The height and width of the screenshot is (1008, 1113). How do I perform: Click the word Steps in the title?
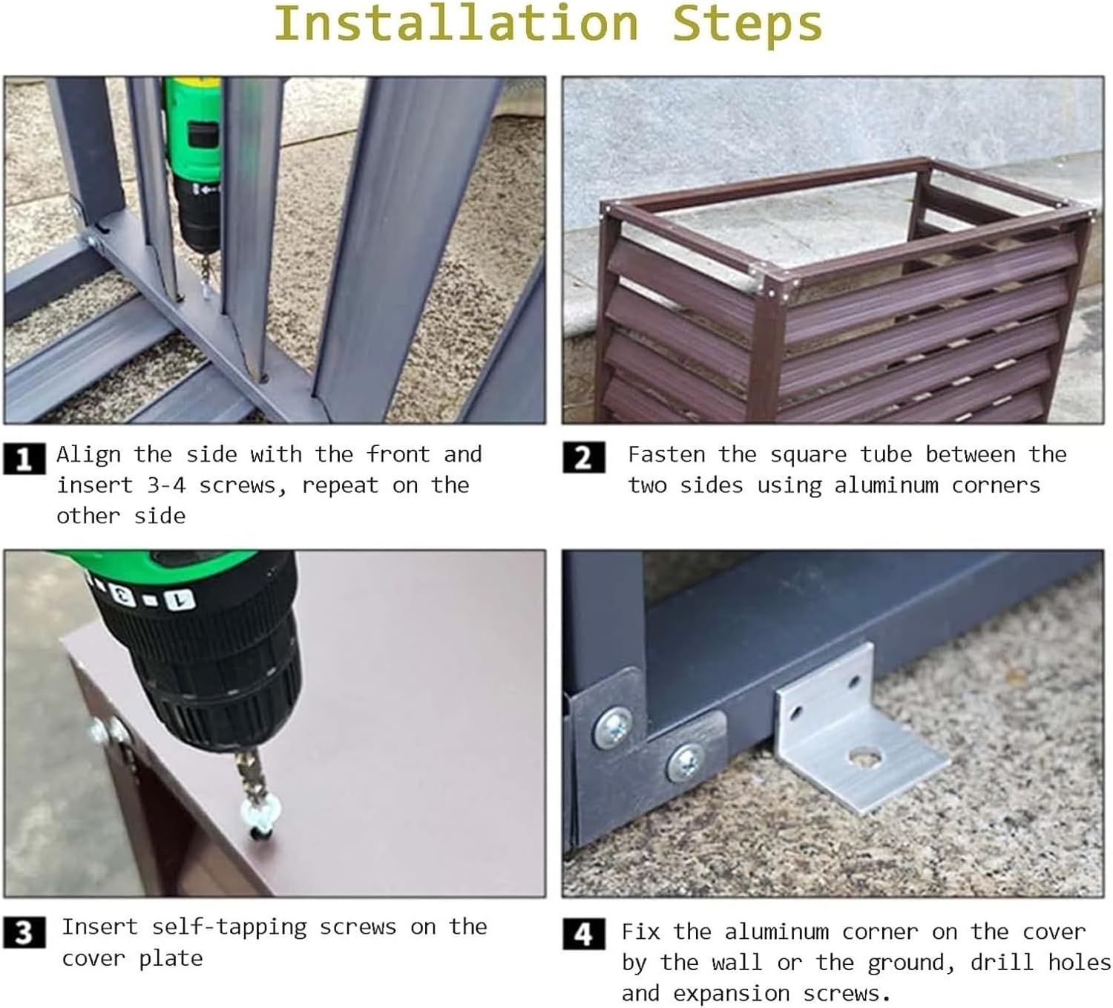746,27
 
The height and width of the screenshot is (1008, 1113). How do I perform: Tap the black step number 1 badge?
24,459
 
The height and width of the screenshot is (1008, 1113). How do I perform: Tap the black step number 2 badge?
584,457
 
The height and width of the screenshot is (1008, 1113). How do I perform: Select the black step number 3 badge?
24,932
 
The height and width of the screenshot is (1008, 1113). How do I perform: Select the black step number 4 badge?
584,935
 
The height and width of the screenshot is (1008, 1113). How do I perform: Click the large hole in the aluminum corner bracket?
865,756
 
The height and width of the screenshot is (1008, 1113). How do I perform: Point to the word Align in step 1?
88,455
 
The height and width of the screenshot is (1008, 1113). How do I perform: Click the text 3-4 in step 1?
166,485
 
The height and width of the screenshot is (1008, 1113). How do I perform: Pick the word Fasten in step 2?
666,454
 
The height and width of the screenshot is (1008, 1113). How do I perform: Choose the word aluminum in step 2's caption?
886,485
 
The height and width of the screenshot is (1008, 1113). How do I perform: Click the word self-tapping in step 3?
229,928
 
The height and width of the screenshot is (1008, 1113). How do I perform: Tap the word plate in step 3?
171,959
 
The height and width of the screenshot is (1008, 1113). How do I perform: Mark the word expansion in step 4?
731,994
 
